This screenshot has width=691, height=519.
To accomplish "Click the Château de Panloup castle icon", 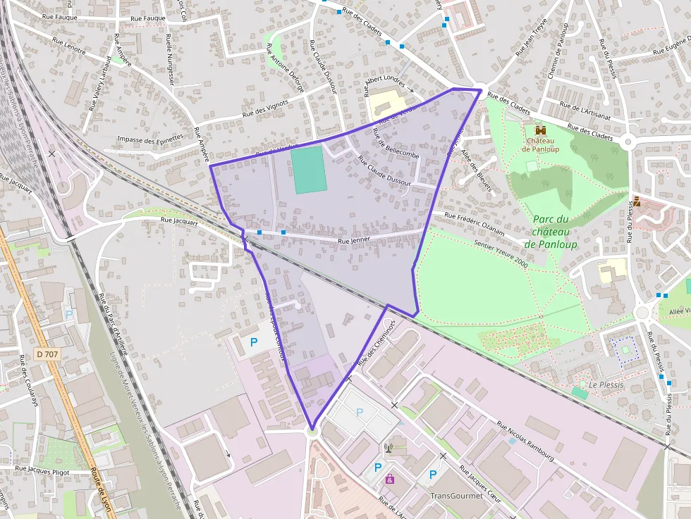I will coord(541,130).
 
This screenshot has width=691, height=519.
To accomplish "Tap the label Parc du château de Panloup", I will coord(551,231).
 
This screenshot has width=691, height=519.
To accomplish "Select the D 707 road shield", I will coord(47,354).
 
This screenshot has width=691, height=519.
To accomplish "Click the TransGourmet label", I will coord(457,495).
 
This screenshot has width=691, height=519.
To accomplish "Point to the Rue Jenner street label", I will coord(354,242).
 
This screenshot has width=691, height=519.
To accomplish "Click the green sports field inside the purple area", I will coord(309,169).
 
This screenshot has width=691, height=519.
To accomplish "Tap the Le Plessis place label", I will coord(606,385).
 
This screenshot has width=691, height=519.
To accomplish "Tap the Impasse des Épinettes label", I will coord(150,139).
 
